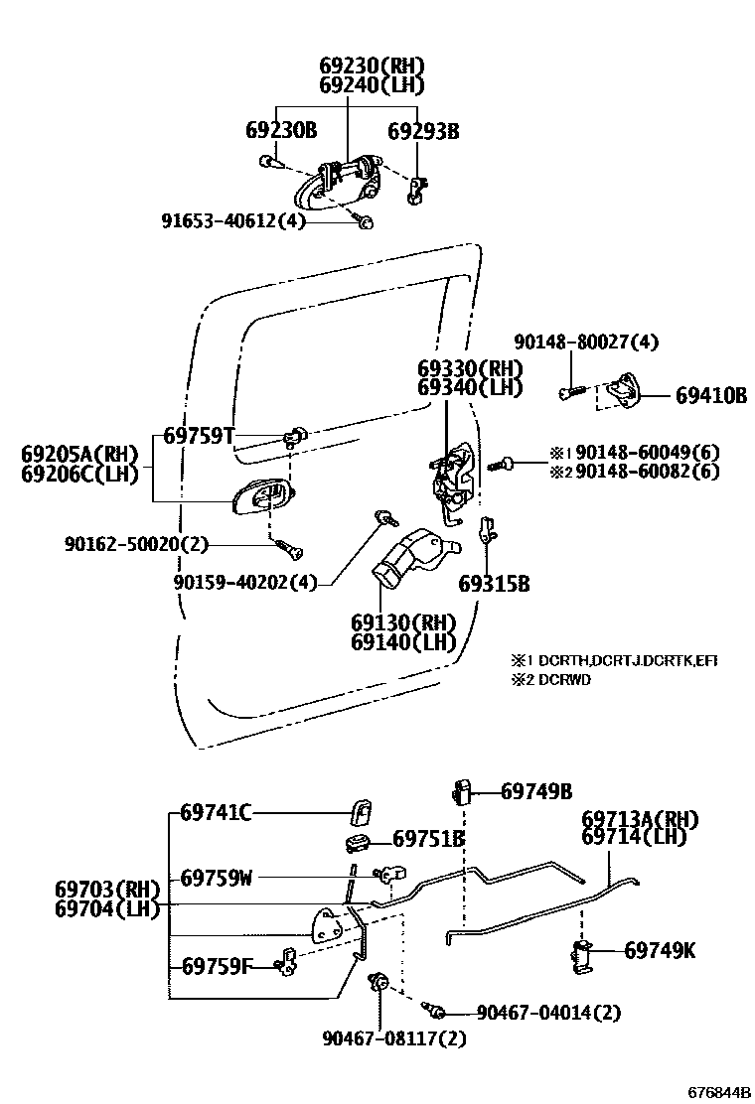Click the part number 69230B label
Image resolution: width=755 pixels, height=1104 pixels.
(x=281, y=130)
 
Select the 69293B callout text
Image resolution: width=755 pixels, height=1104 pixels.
(x=423, y=130)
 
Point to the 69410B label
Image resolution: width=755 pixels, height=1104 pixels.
(x=711, y=395)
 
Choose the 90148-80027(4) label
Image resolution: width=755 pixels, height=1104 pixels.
(x=586, y=343)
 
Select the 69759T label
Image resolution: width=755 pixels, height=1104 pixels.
(x=199, y=435)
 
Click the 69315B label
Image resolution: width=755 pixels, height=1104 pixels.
(x=494, y=584)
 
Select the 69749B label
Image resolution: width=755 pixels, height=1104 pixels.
(x=536, y=791)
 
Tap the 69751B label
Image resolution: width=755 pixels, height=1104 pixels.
(x=429, y=839)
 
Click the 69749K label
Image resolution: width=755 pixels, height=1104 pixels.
(x=660, y=951)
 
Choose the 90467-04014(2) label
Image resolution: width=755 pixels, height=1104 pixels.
(x=548, y=1013)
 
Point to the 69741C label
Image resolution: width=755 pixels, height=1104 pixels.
(x=216, y=813)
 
